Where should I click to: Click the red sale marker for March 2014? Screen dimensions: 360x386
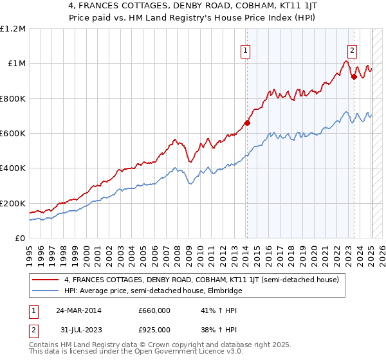[x=247, y=123]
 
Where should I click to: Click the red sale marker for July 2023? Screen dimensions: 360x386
[x=354, y=76]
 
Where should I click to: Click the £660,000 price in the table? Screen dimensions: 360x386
[x=154, y=310]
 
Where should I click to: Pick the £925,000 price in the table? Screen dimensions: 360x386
[x=154, y=329]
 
